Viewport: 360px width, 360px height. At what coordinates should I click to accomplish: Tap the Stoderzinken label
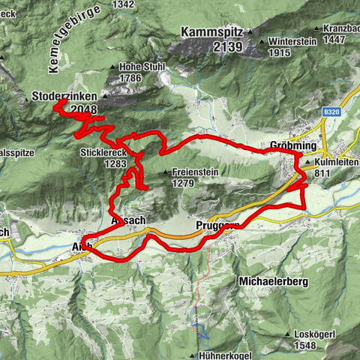coord(67,97)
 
